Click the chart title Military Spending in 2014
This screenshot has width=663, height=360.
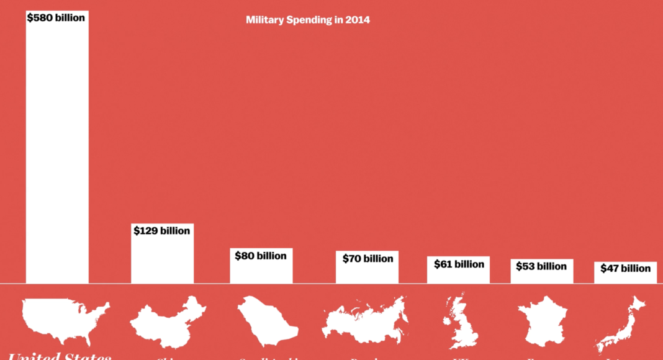pos(307,20)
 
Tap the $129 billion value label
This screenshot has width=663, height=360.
pos(162,231)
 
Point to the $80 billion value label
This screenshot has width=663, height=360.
pos(261,256)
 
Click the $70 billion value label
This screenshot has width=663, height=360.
pos(368,258)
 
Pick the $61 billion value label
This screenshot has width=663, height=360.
pos(459,264)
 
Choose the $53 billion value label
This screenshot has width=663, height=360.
pos(541,266)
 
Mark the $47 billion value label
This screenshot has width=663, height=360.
pos(625,268)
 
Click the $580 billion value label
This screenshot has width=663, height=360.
pos(56,17)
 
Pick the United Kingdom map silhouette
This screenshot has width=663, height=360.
pos(460,322)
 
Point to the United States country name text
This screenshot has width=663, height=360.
pos(60,356)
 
